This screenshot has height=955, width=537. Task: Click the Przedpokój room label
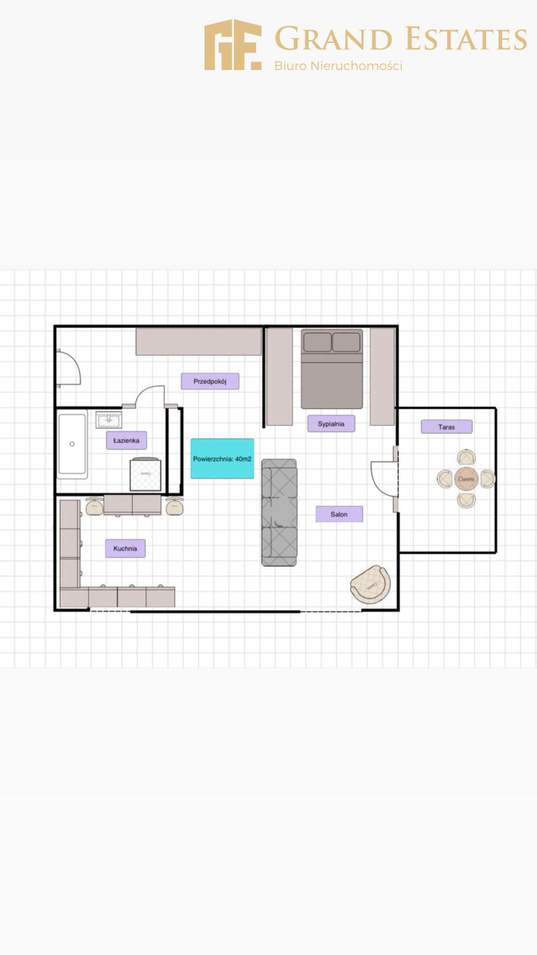(x=210, y=381)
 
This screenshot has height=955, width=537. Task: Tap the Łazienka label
(x=126, y=440)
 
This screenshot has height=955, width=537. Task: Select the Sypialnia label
(x=331, y=423)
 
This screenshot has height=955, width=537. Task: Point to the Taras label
(x=446, y=427)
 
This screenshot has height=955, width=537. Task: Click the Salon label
(x=339, y=514)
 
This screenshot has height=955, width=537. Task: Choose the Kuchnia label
(x=126, y=548)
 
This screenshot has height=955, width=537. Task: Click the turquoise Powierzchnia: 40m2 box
(x=223, y=458)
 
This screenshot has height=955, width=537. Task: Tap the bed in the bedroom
(x=332, y=368)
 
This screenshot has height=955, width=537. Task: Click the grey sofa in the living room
(x=279, y=513)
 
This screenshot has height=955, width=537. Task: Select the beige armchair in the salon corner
(x=370, y=584)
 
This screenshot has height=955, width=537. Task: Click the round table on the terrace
(x=466, y=479)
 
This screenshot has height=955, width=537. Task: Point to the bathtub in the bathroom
(x=72, y=444)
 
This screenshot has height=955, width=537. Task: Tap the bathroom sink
(x=109, y=420)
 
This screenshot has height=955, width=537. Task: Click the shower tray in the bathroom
(x=146, y=474)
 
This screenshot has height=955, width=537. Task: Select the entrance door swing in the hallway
(x=69, y=368)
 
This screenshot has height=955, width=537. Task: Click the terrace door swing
(x=384, y=479)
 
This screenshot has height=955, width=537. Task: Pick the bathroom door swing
(x=150, y=396)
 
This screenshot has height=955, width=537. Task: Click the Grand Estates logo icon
(x=232, y=45)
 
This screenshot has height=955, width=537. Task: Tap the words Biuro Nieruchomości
(x=338, y=65)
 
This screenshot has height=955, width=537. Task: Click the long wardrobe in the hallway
(x=199, y=341)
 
